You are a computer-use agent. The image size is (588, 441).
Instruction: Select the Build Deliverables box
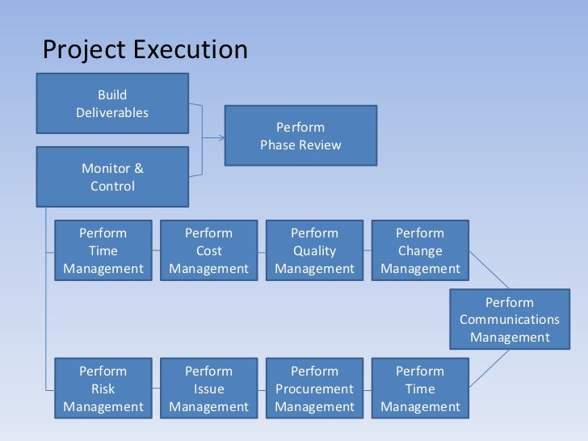[x=112, y=103]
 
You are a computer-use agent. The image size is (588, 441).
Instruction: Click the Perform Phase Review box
[x=300, y=136]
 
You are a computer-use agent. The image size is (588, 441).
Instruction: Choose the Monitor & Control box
[x=112, y=176]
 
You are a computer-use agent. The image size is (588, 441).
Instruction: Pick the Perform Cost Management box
[x=208, y=250]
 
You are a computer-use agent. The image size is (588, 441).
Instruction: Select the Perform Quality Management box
[x=314, y=250]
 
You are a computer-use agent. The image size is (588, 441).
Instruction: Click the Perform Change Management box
[x=420, y=250]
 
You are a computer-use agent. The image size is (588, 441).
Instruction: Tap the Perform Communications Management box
[x=510, y=319]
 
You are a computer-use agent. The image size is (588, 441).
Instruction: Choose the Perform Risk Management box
[x=103, y=388]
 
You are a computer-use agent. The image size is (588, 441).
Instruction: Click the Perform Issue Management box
[x=208, y=388]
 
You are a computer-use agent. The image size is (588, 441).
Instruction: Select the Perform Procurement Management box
[x=314, y=388]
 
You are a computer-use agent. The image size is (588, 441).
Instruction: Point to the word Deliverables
[x=112, y=112]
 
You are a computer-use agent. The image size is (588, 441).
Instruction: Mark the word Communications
[x=510, y=320]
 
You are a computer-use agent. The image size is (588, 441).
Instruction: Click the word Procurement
[x=314, y=388]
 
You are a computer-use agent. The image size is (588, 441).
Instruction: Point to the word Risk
[x=103, y=388]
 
